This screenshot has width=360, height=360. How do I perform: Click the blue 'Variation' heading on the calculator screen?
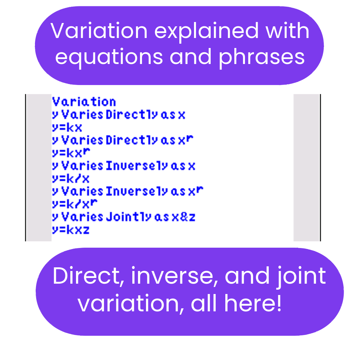(x=84, y=102)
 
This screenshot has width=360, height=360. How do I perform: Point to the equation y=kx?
(x=67, y=127)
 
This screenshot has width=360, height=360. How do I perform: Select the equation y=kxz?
(x=71, y=230)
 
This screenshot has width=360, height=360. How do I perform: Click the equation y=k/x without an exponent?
(x=71, y=178)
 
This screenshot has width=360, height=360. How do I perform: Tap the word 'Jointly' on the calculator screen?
(x=129, y=217)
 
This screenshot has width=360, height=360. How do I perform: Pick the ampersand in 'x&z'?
(x=184, y=217)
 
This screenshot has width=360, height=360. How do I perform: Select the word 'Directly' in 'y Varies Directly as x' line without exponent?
(x=132, y=114)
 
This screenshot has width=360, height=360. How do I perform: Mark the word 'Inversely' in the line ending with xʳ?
(x=137, y=191)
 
